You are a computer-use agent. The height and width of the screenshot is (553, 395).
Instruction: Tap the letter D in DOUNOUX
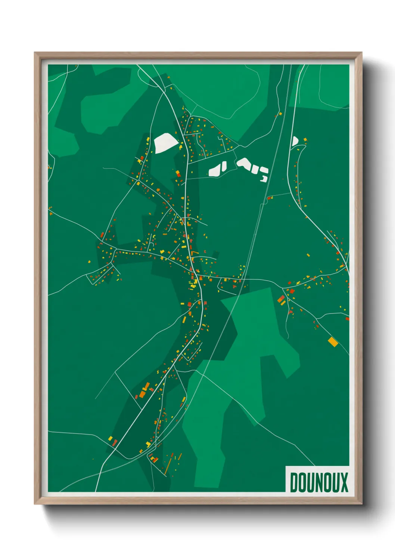294,482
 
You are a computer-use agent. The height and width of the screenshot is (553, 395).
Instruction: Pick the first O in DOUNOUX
302,482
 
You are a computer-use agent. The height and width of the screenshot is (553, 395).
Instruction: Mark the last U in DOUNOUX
336,482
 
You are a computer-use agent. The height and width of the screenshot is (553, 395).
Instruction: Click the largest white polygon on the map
164,142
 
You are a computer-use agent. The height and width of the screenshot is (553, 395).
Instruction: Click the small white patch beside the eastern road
294,141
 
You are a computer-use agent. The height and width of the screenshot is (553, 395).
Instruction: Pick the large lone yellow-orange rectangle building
332,342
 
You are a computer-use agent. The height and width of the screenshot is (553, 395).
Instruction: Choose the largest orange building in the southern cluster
143,394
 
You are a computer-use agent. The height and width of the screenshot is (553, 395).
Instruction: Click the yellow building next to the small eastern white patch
305,139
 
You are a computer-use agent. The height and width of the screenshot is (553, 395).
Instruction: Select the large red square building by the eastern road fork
281,299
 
